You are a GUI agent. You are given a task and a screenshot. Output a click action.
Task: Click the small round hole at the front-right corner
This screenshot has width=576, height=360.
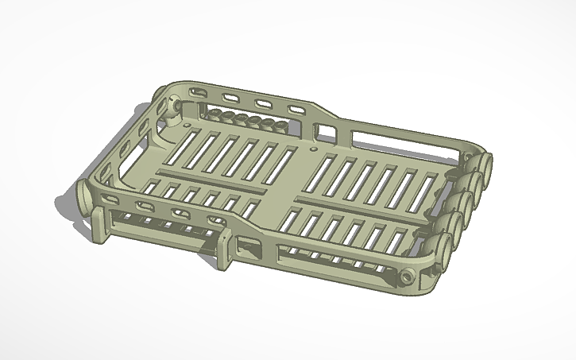pyautogui.click(x=408, y=277)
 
